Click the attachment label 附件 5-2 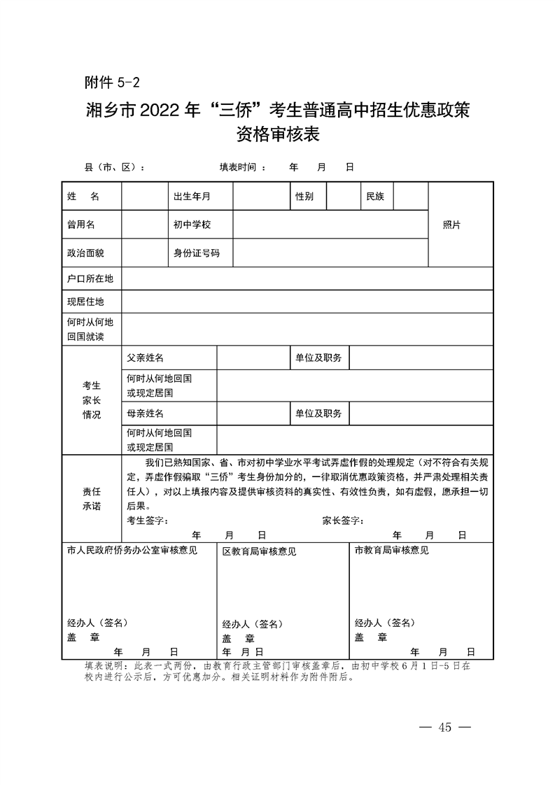112,83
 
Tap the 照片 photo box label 452,225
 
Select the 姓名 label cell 83,197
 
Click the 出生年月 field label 192,197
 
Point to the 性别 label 304,197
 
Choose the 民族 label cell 375,197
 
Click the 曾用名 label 80,225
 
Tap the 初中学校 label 192,225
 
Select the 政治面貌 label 85,253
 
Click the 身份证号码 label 196,253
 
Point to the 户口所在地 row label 90,278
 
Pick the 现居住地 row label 85,302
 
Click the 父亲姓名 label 145,358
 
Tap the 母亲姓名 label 145,413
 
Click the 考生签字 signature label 148,521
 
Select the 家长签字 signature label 343,521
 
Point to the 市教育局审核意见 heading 392,550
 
